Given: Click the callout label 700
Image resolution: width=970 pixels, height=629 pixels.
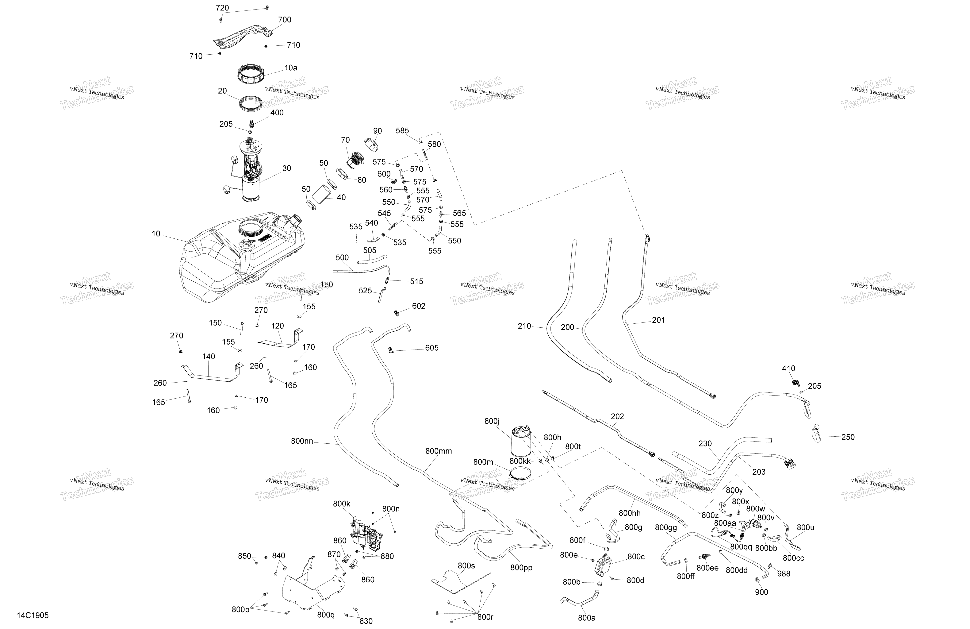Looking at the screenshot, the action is [285, 20].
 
